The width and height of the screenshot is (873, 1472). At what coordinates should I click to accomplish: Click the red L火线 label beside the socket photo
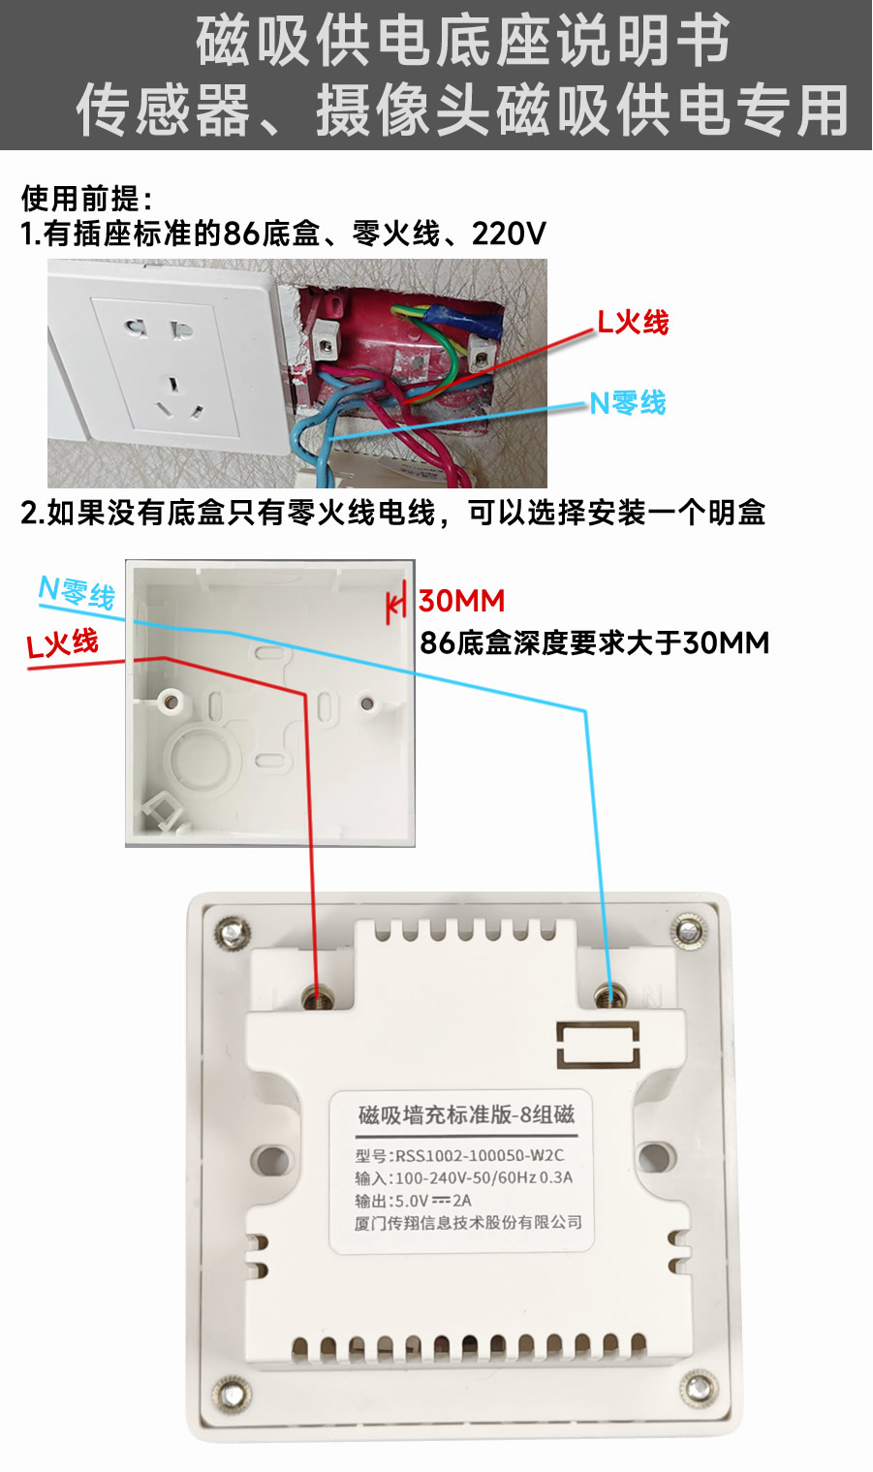pyautogui.click(x=633, y=323)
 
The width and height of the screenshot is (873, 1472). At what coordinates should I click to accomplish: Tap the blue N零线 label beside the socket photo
pyautogui.click(x=627, y=403)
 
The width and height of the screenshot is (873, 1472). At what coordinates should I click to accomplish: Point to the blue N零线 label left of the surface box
pyautogui.click(x=77, y=593)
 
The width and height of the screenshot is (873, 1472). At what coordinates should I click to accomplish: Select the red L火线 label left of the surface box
pyautogui.click(x=62, y=643)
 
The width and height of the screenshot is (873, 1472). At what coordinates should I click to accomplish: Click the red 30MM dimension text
pyautogui.click(x=462, y=601)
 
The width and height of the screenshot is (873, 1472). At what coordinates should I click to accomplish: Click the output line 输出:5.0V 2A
pyautogui.click(x=413, y=1201)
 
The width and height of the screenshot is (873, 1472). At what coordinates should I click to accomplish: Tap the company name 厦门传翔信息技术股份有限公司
pyautogui.click(x=468, y=1222)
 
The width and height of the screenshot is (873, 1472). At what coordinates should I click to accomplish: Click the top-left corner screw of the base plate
pyautogui.click(x=233, y=932)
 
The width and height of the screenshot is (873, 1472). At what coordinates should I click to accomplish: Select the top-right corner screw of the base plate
pyautogui.click(x=690, y=930)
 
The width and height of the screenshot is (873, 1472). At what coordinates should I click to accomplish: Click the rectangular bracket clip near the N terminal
pyautogui.click(x=598, y=1045)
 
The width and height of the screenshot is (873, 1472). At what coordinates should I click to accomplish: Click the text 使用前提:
pyautogui.click(x=86, y=199)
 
